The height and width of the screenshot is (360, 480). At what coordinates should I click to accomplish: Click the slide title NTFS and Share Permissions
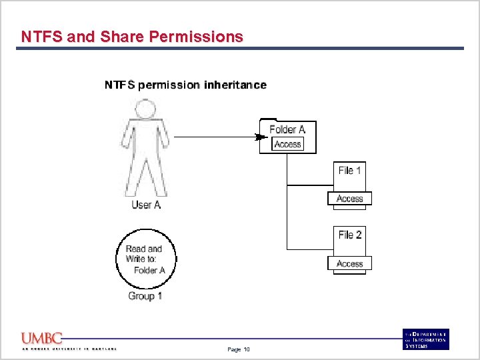click(x=132, y=37)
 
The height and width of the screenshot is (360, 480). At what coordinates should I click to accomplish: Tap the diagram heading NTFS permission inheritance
click(x=185, y=85)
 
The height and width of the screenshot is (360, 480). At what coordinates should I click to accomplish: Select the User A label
click(x=146, y=205)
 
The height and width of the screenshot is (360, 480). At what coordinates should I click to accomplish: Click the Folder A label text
click(x=287, y=129)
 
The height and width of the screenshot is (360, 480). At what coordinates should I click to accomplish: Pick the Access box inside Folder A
click(x=288, y=144)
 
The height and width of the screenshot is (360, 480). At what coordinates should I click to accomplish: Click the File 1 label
click(x=350, y=171)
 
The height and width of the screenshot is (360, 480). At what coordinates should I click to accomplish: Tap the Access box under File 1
click(x=350, y=199)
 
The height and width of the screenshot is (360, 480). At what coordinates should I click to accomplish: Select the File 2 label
click(x=350, y=235)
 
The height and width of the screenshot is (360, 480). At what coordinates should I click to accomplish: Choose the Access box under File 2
click(x=350, y=264)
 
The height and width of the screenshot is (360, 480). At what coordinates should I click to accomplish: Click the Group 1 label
click(x=145, y=296)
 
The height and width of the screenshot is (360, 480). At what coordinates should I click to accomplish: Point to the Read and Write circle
click(x=144, y=259)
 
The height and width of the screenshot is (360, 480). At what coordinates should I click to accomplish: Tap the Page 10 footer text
click(x=239, y=349)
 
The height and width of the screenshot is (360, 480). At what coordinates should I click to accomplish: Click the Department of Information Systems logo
click(x=426, y=339)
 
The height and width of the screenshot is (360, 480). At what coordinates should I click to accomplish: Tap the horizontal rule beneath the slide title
click(x=240, y=49)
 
